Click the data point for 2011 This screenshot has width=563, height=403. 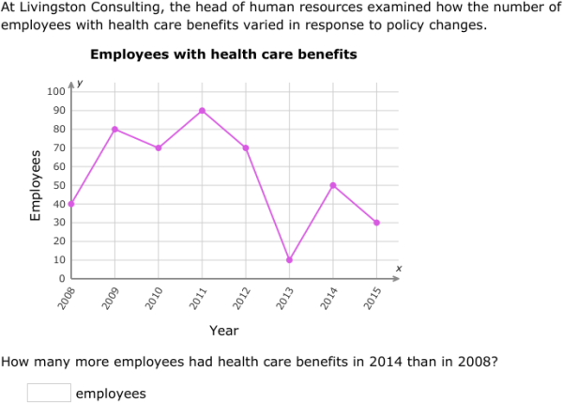tap(203, 110)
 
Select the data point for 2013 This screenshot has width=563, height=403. tap(290, 260)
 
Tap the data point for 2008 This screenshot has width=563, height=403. tap(72, 204)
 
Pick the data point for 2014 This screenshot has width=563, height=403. tap(333, 185)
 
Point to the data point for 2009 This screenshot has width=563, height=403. tap(115, 129)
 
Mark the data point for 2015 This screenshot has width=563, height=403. tap(377, 223)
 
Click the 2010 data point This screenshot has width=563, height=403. tap(160, 147)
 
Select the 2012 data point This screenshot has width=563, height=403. tap(246, 147)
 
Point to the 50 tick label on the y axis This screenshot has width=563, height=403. tap(57, 185)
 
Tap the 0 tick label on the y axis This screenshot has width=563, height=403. tap(61, 279)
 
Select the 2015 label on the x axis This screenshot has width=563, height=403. tap(373, 299)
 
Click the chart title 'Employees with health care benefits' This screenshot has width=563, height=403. tap(223, 54)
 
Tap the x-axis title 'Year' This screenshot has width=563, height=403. tap(223, 330)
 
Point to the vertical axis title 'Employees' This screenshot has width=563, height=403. tap(36, 185)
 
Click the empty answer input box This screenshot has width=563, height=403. tap(49, 393)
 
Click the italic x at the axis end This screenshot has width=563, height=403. tap(398, 269)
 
